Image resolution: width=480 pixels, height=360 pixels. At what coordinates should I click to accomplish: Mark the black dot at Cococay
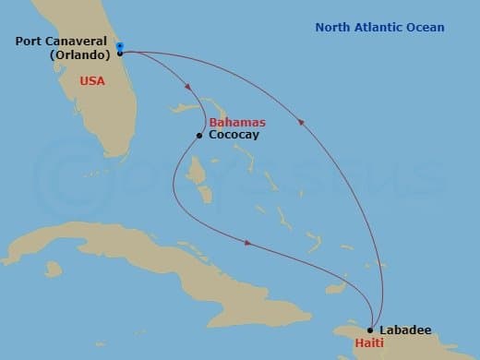[198, 137]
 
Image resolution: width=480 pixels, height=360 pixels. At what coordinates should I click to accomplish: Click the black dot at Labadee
[370, 330]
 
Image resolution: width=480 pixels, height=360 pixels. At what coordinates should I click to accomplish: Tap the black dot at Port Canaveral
[120, 54]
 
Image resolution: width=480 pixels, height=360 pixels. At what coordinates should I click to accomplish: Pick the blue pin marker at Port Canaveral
[120, 44]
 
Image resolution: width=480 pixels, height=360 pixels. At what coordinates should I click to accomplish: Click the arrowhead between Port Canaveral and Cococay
[188, 89]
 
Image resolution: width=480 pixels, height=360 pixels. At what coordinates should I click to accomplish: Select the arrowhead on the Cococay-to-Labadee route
[247, 243]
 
